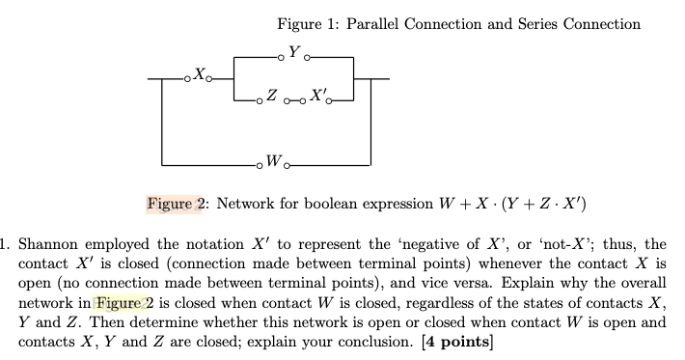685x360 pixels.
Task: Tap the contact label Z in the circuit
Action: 272,96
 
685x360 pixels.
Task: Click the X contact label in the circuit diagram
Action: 199,70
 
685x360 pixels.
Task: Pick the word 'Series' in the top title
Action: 534,24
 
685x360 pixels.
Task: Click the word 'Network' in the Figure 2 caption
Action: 247,204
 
